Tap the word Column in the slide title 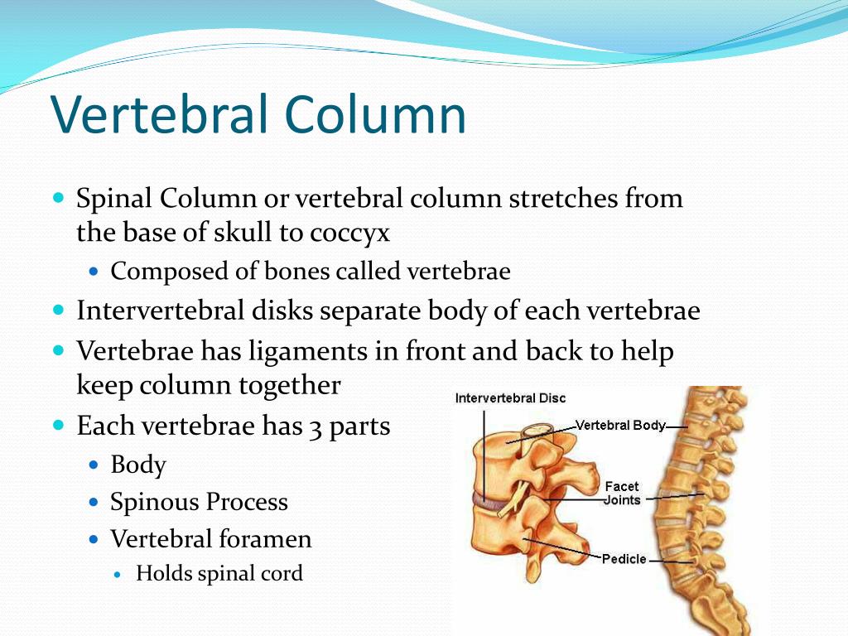coord(375,114)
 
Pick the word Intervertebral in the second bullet coord(161,311)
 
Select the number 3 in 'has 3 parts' coord(316,428)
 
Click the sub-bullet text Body coord(138,465)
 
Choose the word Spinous coord(154,503)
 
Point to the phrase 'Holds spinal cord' coord(219,574)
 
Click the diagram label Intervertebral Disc coord(510,398)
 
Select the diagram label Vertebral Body coord(619,426)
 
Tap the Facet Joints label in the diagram coord(622,494)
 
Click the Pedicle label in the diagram coord(624,559)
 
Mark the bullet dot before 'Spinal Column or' coord(59,196)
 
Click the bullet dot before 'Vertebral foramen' coord(94,539)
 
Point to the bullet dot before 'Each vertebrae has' coord(59,425)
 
